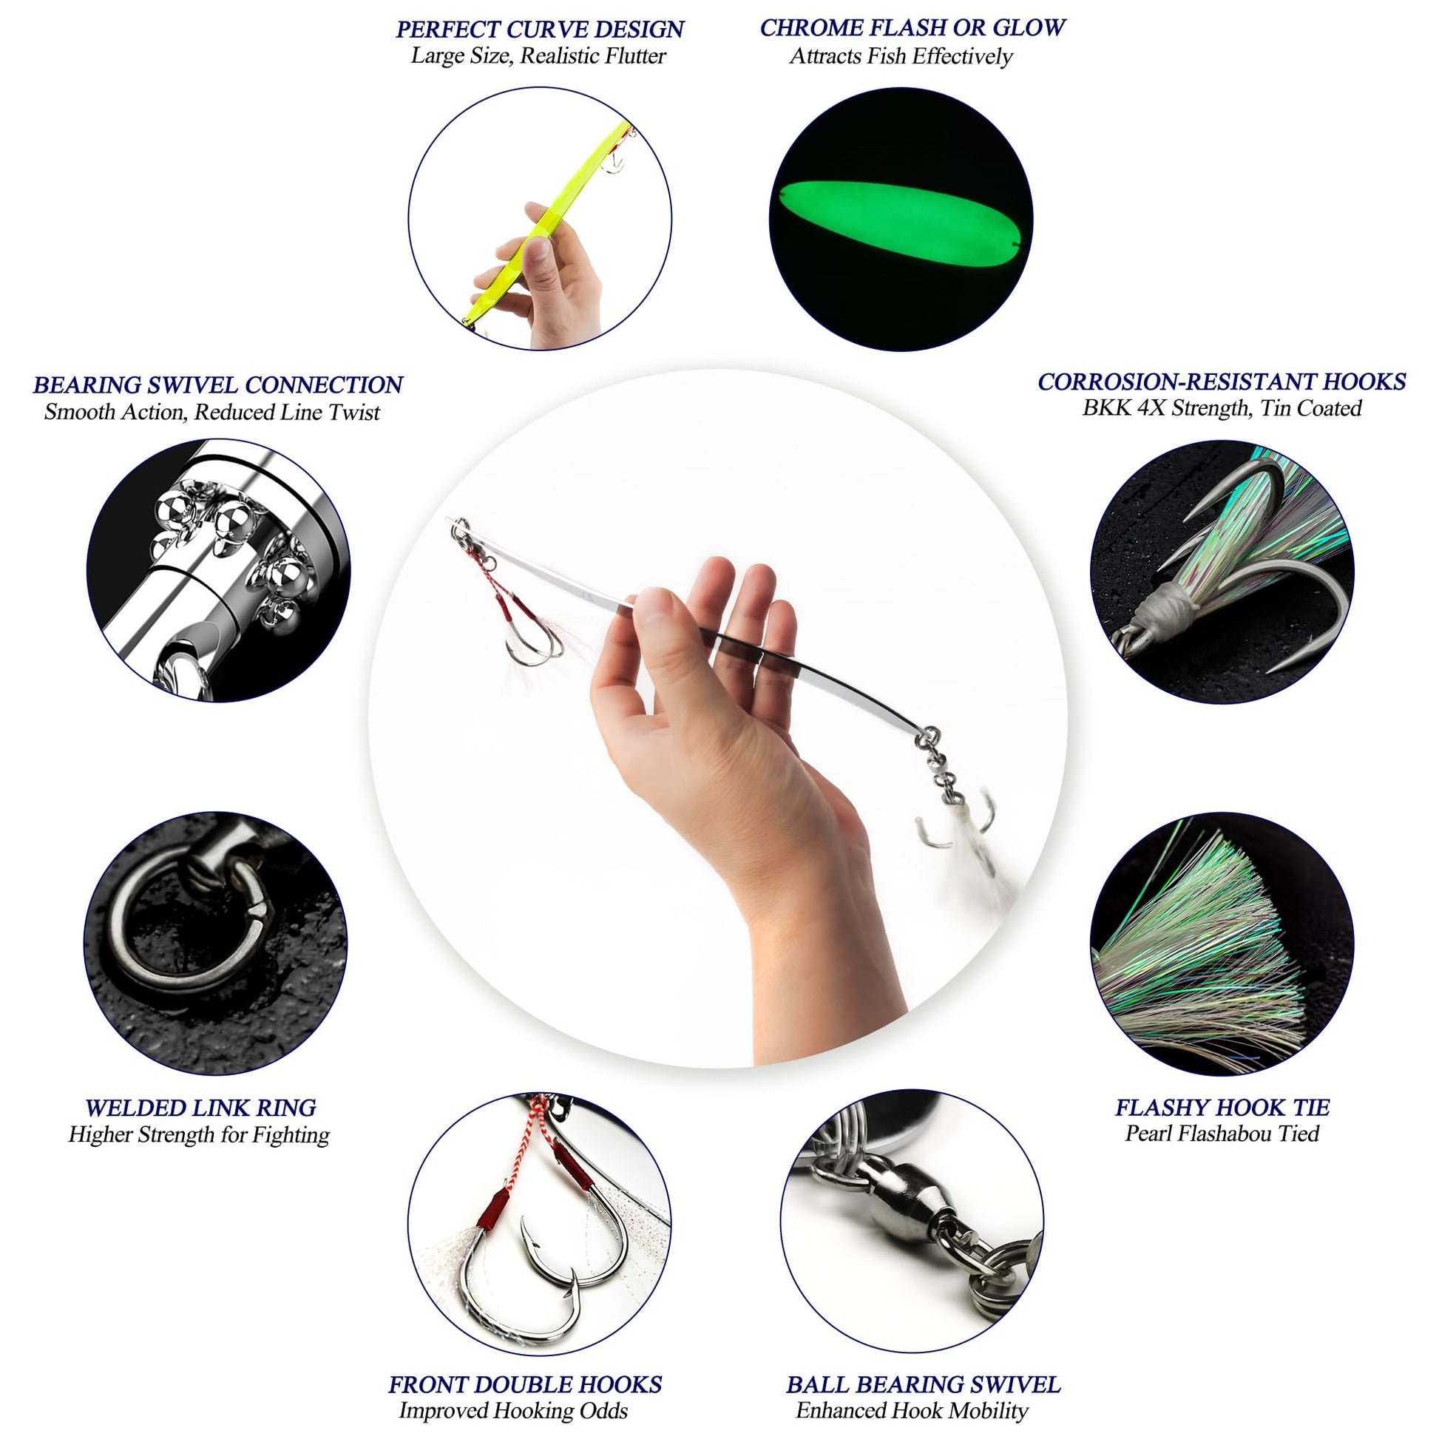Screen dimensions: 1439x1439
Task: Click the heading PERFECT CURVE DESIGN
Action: [540, 30]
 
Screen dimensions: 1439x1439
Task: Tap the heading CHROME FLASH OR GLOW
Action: [913, 27]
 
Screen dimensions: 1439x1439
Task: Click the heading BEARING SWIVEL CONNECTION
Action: [217, 385]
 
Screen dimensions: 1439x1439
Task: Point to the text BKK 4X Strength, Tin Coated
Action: [1222, 408]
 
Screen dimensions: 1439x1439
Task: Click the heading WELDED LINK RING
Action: [200, 1108]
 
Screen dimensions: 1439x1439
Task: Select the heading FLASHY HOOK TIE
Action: [1222, 1107]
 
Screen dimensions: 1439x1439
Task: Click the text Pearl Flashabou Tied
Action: [1222, 1134]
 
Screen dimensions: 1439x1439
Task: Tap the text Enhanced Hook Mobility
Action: [913, 1410]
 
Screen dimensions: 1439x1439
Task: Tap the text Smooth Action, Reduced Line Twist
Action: [212, 412]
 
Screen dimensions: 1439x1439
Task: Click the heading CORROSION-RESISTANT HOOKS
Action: [1222, 382]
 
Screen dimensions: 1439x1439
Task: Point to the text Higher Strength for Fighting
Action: [199, 1134]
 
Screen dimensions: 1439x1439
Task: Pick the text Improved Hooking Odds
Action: [513, 1410]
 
